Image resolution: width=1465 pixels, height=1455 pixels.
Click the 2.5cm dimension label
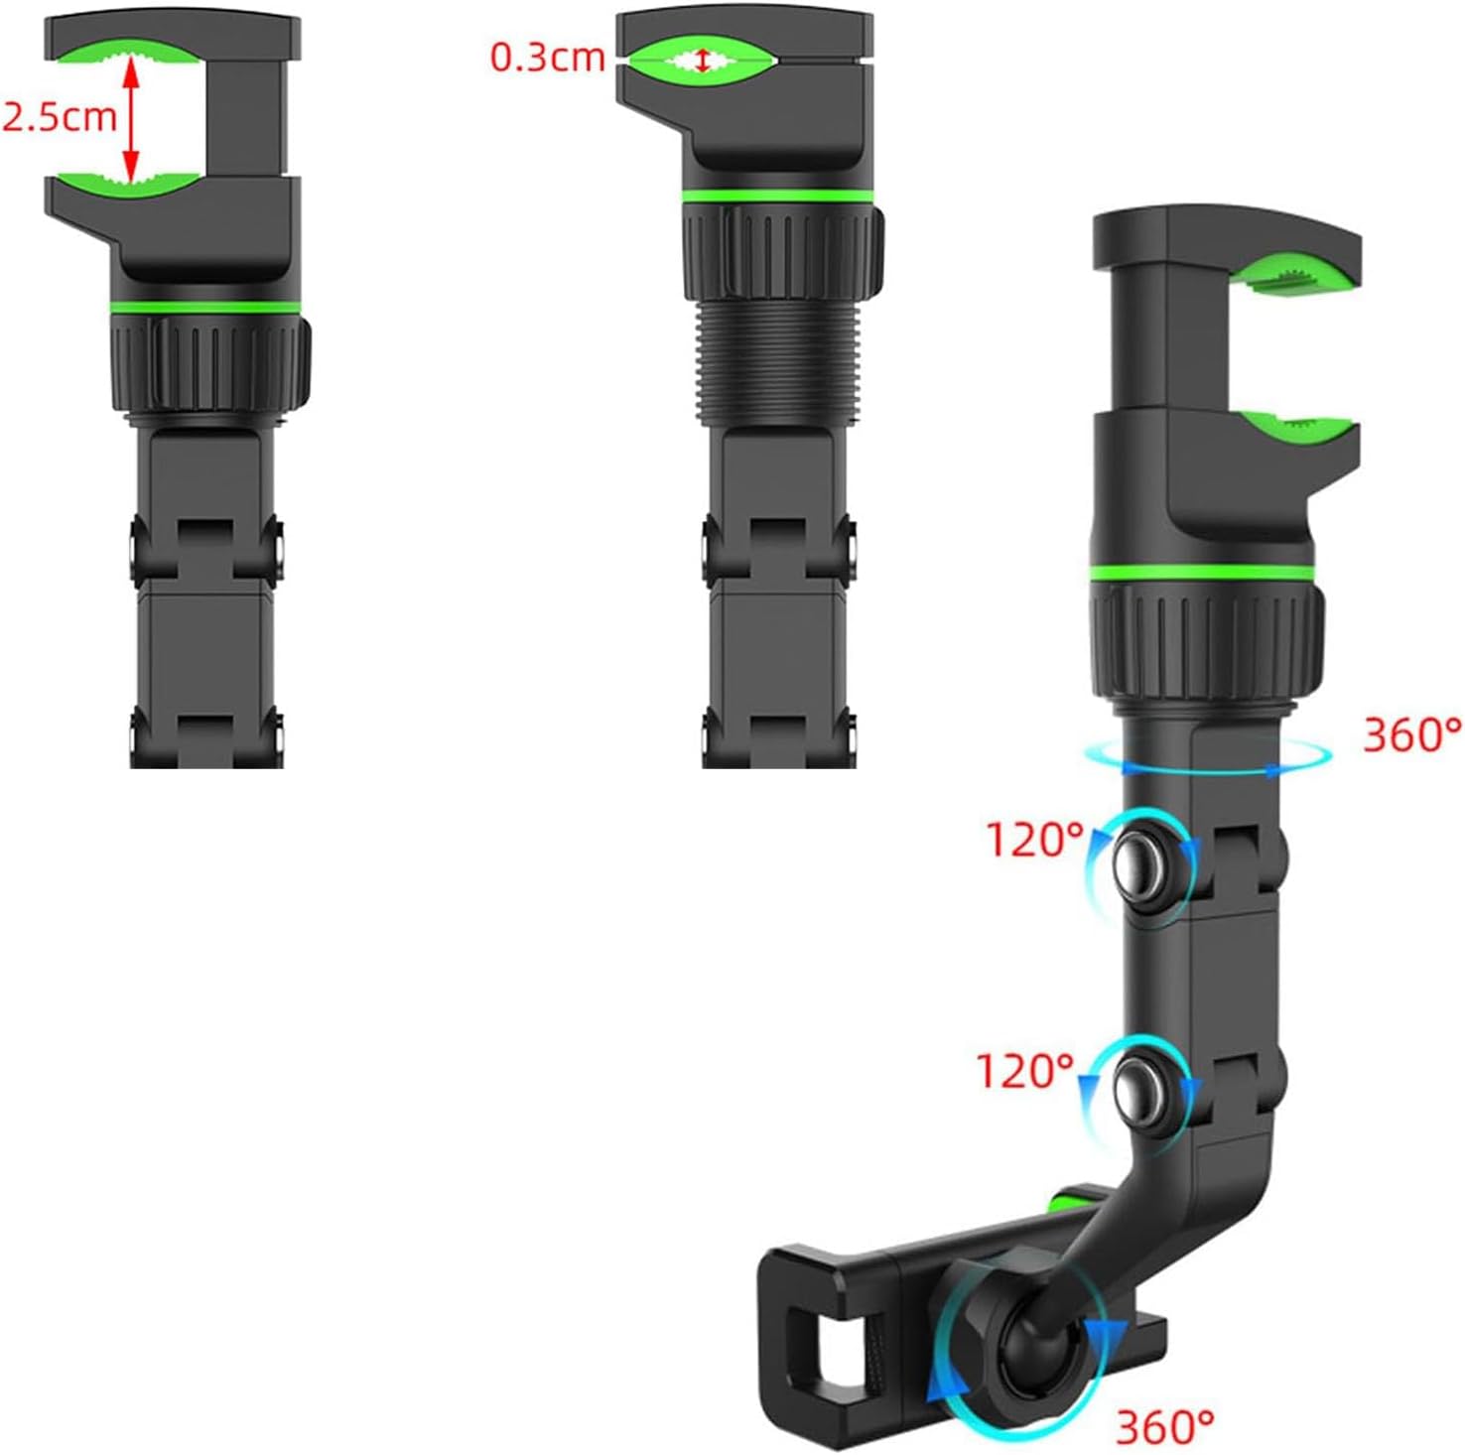pyautogui.click(x=60, y=117)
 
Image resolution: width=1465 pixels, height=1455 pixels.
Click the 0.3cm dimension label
pyautogui.click(x=548, y=58)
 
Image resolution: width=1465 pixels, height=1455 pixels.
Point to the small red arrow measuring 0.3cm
pyautogui.click(x=704, y=61)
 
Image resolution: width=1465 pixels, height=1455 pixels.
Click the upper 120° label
pyautogui.click(x=1034, y=840)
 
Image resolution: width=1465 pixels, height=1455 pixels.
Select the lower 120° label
pyautogui.click(x=1025, y=1071)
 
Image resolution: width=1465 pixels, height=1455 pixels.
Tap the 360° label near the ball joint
pyautogui.click(x=1165, y=1427)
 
